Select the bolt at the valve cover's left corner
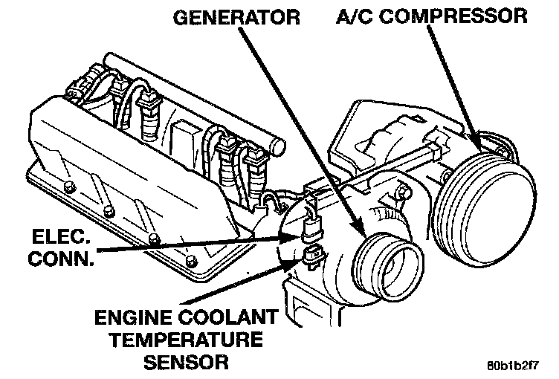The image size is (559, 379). tap(67, 187)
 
